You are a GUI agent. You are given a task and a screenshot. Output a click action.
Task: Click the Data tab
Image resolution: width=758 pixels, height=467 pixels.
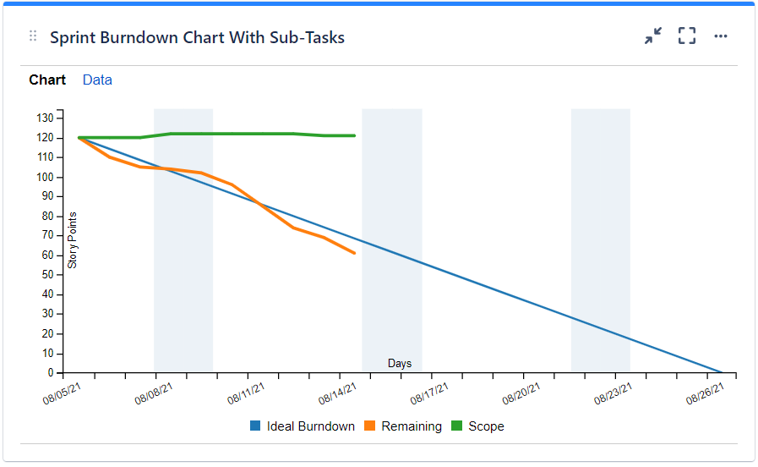[97, 80]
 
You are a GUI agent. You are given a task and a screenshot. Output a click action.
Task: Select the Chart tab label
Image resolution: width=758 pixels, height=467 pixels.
[47, 80]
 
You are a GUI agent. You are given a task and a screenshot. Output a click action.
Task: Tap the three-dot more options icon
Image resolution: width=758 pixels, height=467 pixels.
[721, 36]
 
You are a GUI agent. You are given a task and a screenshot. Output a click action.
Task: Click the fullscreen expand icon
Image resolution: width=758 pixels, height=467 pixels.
[687, 36]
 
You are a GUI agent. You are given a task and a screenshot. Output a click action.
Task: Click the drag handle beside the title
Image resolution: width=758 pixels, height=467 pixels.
[33, 36]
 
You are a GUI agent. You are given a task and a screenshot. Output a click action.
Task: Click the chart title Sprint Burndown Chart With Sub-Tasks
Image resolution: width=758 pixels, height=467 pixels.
[197, 37]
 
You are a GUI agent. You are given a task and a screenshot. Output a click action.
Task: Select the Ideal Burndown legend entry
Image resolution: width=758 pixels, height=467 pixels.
[303, 426]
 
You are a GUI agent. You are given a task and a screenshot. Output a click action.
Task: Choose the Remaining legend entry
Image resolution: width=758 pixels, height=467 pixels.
[403, 426]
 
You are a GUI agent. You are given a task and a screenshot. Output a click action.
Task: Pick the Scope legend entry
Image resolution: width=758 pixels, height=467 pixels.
[478, 426]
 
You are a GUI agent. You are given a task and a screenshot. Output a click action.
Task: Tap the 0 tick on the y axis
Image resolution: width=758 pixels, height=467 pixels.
[51, 372]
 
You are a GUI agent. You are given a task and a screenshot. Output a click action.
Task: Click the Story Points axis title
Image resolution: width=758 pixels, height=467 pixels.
[73, 240]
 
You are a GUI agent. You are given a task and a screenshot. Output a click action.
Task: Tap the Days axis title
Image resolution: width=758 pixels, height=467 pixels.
[400, 364]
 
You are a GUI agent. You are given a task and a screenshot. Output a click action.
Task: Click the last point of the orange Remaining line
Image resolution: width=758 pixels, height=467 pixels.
[355, 253]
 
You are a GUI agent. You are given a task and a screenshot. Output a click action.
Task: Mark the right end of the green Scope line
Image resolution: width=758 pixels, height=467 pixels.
[355, 135]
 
